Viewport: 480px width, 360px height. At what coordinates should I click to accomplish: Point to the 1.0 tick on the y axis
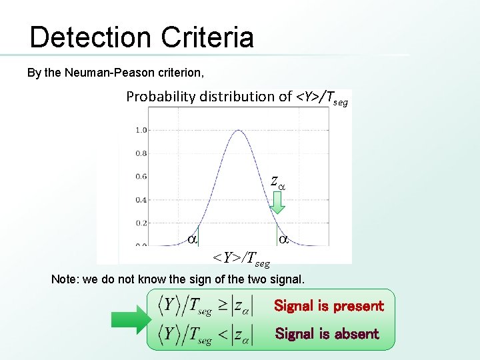(x=141, y=130)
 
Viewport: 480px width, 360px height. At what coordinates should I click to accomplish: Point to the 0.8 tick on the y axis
(x=141, y=153)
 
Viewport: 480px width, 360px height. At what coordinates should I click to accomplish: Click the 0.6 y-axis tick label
(x=141, y=177)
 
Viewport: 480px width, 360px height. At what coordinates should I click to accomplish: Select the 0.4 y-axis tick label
(x=141, y=200)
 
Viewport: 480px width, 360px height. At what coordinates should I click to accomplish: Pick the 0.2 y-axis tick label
(x=141, y=223)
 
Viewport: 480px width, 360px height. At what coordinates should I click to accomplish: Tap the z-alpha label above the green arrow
(x=277, y=181)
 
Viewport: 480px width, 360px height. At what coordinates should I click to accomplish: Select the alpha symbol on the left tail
(x=192, y=238)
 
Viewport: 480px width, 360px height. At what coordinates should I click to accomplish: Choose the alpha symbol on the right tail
(x=283, y=238)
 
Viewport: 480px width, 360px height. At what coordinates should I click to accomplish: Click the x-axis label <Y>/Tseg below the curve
(x=241, y=257)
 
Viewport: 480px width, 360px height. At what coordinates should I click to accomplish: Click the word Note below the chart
(x=63, y=279)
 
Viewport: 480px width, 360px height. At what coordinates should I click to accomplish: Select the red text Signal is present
(x=329, y=306)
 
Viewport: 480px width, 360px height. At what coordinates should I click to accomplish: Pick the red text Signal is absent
(x=327, y=333)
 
